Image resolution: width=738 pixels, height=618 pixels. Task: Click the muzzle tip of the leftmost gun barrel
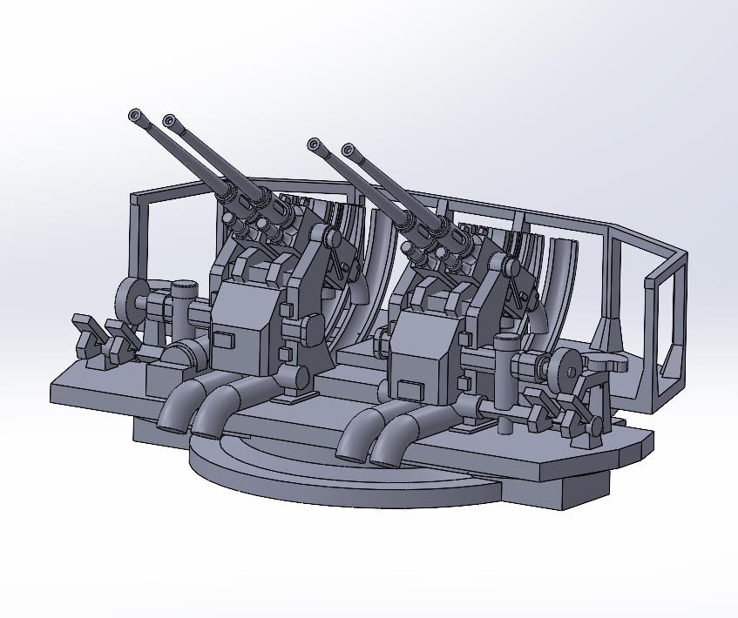134,115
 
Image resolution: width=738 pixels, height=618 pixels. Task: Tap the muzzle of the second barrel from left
169,120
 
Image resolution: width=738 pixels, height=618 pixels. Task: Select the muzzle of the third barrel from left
314,144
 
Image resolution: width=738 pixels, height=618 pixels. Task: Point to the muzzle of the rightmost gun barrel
349,150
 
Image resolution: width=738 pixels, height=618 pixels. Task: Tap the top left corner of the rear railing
134,199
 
